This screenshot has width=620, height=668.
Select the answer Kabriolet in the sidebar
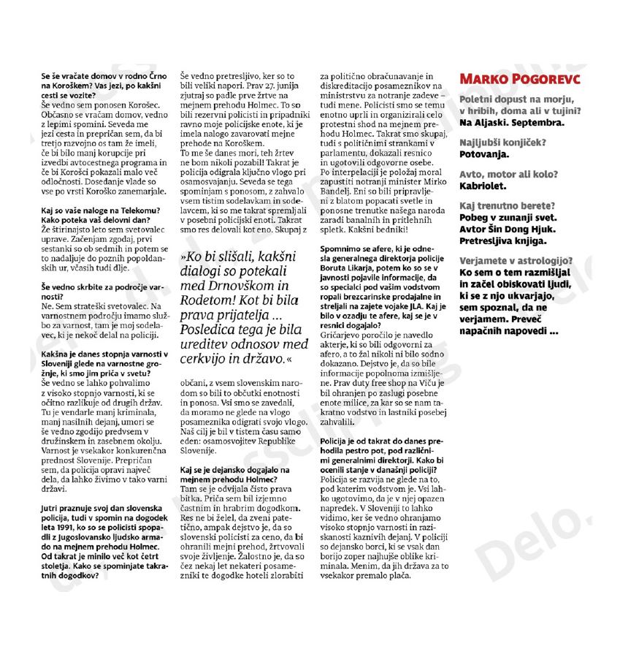click(x=483, y=186)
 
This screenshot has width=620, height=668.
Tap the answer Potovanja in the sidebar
click(x=484, y=153)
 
